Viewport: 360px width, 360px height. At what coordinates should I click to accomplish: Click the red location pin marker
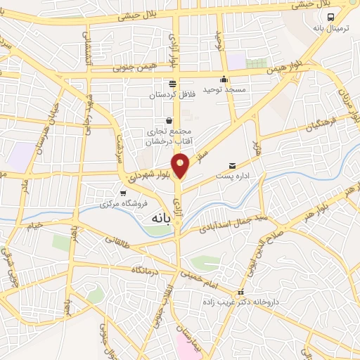(x=182, y=167)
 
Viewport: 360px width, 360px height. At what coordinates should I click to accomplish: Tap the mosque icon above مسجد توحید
(x=224, y=79)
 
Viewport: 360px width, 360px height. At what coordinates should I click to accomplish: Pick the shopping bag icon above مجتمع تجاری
(x=168, y=120)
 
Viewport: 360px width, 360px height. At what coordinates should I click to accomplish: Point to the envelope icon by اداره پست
(x=232, y=166)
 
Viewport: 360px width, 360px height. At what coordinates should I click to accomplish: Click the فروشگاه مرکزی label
(x=118, y=204)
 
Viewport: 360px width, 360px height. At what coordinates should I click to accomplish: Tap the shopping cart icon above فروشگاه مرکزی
(x=123, y=193)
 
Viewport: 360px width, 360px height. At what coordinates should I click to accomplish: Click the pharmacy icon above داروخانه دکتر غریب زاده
(x=241, y=292)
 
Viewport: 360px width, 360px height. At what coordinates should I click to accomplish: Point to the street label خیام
(x=34, y=224)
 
